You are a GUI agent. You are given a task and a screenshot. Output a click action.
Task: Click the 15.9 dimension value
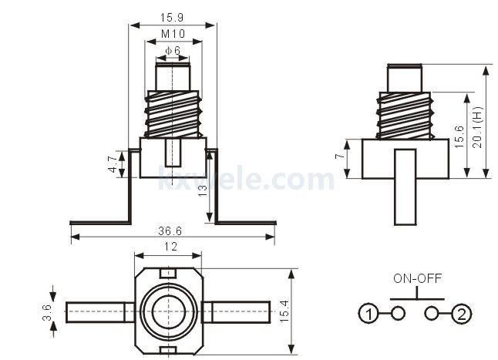click(172, 18)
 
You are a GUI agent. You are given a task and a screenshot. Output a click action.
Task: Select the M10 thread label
click(173, 34)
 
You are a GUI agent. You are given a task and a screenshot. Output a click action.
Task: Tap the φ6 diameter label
click(173, 50)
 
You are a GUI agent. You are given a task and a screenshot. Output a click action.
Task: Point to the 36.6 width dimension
click(170, 231)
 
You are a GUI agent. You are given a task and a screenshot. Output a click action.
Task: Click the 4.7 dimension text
click(113, 165)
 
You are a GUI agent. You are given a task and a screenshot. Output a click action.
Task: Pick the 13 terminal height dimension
click(202, 191)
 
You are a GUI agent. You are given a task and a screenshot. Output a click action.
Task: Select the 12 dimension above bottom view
click(170, 247)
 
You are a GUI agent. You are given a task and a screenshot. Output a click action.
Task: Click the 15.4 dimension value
click(284, 311)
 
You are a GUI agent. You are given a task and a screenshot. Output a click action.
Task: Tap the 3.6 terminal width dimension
click(47, 312)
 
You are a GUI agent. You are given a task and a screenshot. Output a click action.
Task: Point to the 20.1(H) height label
click(477, 127)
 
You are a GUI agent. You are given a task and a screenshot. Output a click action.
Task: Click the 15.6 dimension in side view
click(459, 136)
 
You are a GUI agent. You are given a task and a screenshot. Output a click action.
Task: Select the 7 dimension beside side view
click(339, 156)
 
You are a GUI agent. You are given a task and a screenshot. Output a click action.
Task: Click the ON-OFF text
click(417, 278)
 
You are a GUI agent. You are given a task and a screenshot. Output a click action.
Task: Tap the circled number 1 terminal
click(368, 314)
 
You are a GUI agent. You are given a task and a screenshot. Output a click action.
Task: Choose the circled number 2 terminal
click(462, 314)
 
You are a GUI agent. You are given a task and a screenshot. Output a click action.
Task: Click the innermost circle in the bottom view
click(168, 311)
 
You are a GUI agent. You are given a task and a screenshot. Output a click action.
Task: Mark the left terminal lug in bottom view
click(100, 312)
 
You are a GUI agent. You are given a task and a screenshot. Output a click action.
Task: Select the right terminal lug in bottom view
click(237, 312)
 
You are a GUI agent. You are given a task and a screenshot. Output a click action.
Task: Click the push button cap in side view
click(404, 78)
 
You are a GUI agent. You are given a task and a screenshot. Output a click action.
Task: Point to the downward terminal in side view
click(405, 187)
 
